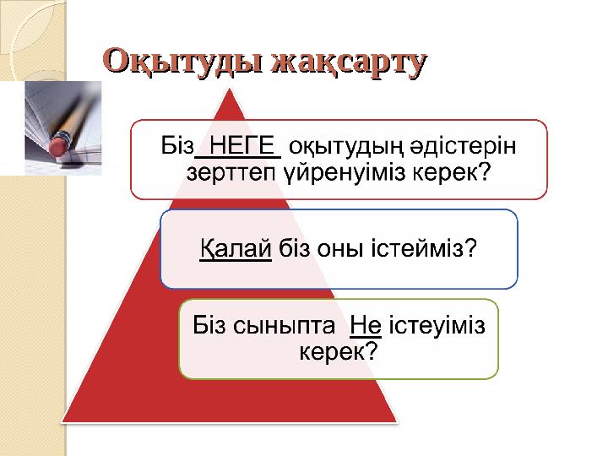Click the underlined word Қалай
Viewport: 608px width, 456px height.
235,249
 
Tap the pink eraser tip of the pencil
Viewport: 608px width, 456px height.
57,145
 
